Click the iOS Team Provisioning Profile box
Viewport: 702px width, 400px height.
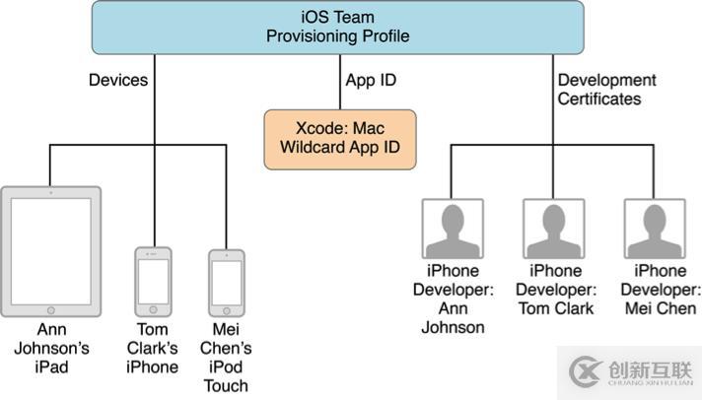[x=339, y=28]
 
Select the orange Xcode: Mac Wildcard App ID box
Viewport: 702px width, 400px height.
[x=339, y=138]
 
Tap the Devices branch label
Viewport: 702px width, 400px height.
[x=117, y=80]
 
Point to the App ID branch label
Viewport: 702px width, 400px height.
[x=371, y=80]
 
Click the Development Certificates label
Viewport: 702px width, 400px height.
[x=606, y=90]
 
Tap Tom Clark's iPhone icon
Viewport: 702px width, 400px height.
[x=153, y=282]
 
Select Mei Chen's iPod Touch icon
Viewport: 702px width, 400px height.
[x=226, y=282]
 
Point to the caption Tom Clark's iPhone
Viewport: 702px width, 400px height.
[x=153, y=348]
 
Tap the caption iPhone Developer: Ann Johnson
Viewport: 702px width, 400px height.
[x=453, y=299]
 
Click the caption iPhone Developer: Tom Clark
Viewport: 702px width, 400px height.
[x=554, y=290]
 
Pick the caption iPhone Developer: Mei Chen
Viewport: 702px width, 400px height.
[x=655, y=290]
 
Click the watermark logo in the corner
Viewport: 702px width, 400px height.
[x=588, y=371]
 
